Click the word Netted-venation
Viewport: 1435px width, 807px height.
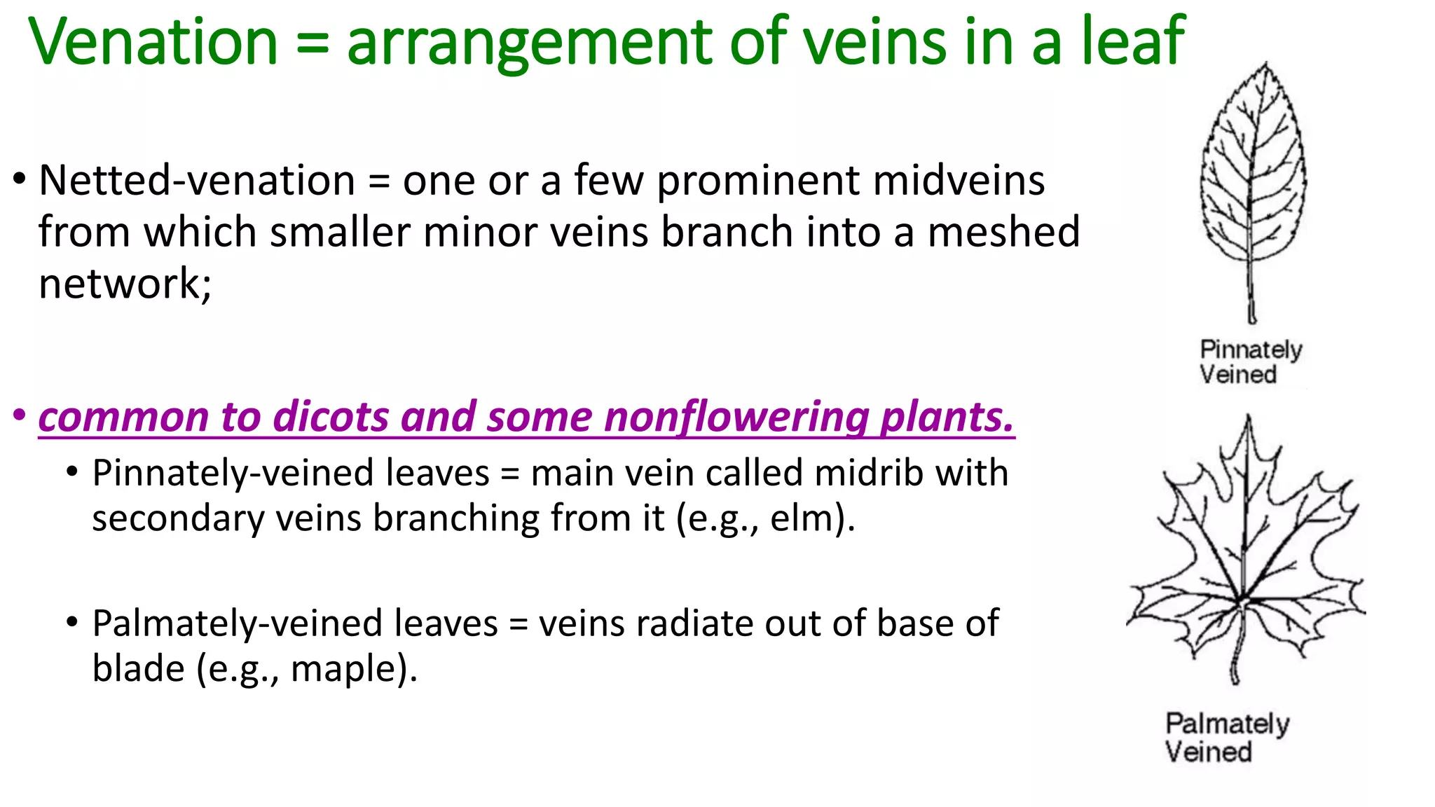pos(197,181)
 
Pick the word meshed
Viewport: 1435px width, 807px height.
pos(1003,232)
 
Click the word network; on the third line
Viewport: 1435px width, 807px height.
pos(125,284)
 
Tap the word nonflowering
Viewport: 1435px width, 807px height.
pos(736,417)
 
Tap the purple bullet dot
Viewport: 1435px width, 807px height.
pos(20,415)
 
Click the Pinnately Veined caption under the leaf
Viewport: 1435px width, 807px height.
pos(1250,361)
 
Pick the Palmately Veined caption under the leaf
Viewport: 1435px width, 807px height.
pos(1226,737)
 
